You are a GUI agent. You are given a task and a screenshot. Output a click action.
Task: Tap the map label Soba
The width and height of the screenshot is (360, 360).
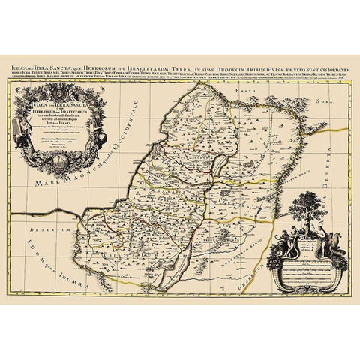coord(324,100)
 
